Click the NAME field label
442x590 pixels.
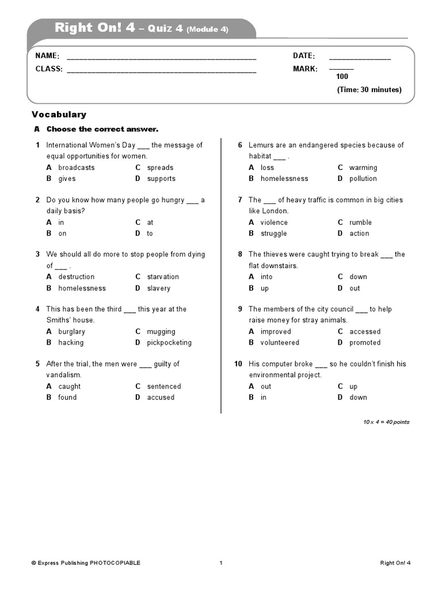tap(47, 56)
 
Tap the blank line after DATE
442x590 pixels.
tap(360, 58)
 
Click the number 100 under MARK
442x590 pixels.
tap(342, 76)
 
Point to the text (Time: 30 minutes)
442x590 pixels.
tap(369, 90)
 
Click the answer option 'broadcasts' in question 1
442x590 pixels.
tap(76, 168)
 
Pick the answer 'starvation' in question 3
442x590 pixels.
tap(163, 277)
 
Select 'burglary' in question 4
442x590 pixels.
tap(71, 332)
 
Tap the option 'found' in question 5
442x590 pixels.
tap(67, 398)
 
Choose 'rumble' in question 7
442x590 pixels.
tap(360, 222)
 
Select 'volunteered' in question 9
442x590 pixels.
tap(280, 343)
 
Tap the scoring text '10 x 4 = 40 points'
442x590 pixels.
tap(386, 422)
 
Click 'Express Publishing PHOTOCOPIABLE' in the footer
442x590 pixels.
tap(86, 563)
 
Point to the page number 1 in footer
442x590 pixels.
tap(221, 563)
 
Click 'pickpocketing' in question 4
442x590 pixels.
tap(169, 343)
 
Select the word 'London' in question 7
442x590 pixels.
tap(275, 211)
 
